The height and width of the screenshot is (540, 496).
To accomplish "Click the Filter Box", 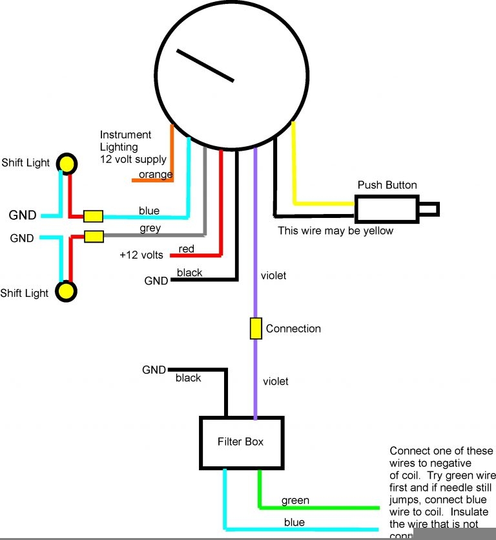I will [x=242, y=442].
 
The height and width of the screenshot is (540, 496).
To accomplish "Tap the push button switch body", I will [x=386, y=209].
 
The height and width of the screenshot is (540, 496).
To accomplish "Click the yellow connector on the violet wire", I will [x=256, y=329].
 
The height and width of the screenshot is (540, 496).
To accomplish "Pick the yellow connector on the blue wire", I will [x=94, y=215].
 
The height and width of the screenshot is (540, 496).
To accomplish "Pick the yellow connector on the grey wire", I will [x=94, y=236].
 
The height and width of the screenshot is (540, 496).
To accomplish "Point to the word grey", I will [x=150, y=228].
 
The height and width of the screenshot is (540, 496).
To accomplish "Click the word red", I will [x=187, y=249].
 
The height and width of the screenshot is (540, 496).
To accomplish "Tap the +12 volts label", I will [x=141, y=255].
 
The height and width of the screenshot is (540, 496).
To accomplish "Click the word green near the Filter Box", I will [x=295, y=501].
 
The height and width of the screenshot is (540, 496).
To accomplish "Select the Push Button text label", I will [x=387, y=185].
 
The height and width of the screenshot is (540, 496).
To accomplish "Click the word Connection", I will [x=293, y=329].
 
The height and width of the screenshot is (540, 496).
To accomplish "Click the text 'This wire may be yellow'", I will [x=335, y=230].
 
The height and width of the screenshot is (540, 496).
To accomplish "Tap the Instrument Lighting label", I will [x=132, y=147].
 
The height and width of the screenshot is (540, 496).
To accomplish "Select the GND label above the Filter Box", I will [x=154, y=370].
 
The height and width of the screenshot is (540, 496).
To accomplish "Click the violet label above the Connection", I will [x=273, y=275].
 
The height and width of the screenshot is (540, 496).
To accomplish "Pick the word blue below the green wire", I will [x=294, y=523].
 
